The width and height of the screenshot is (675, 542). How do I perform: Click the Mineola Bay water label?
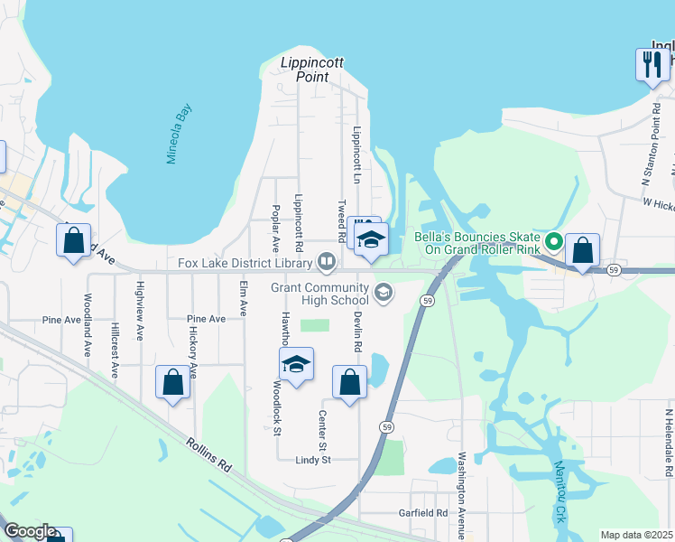(180, 134)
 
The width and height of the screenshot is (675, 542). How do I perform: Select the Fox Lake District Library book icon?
(327, 263)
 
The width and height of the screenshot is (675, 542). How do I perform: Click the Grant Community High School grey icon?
(384, 291)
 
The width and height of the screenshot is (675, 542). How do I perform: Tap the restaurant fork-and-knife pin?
(651, 64)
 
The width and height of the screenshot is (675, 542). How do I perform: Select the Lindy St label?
(314, 459)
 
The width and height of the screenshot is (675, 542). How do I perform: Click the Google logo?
(30, 531)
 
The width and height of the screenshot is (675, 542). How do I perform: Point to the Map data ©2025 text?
(636, 535)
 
